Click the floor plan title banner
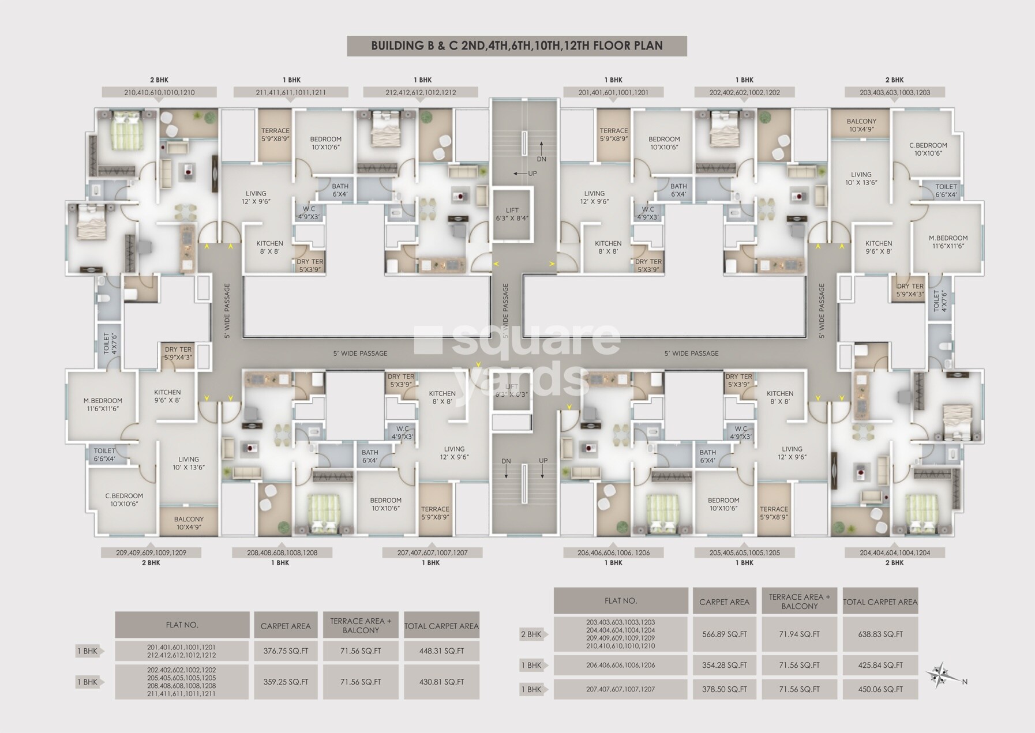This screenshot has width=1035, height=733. [x=516, y=46]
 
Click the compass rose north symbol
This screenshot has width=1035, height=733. [x=940, y=674]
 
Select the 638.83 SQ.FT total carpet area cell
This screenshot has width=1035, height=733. [x=880, y=634]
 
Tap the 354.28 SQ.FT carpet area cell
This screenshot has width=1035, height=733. [x=724, y=665]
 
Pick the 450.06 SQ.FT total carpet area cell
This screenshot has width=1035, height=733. [x=880, y=689]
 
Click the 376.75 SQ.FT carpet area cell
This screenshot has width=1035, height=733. [x=286, y=651]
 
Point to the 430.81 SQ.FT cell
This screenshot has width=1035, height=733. [x=441, y=682]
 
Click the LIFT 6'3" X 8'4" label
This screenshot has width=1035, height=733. [x=512, y=214]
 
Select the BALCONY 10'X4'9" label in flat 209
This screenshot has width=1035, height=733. [x=189, y=523]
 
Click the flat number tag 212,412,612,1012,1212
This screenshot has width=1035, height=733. [x=421, y=92]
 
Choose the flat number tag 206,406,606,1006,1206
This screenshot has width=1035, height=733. [x=613, y=552]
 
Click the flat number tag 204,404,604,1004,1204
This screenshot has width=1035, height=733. [x=894, y=552]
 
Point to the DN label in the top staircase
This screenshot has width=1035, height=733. [x=541, y=159]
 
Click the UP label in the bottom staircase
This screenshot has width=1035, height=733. [x=543, y=461]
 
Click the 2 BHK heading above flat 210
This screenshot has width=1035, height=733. [x=159, y=80]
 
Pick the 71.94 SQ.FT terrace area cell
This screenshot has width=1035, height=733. [x=799, y=634]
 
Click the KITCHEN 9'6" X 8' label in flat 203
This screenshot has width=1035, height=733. [x=878, y=247]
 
